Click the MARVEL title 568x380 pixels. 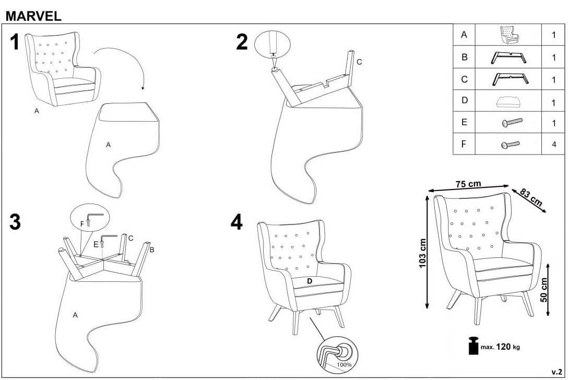(33, 16)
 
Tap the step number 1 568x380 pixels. (15, 42)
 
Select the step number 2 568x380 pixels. (242, 42)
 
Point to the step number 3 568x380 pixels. (15, 222)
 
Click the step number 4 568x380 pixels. (236, 222)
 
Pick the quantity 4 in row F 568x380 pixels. (554, 144)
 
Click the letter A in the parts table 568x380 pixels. (464, 35)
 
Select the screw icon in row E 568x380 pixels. (512, 122)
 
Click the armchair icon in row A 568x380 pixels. (510, 35)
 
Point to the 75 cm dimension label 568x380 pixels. (468, 184)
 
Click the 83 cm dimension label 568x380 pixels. (531, 197)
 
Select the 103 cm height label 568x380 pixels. (422, 253)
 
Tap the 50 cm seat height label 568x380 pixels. (544, 290)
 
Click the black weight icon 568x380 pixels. (474, 346)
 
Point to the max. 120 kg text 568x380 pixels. (500, 347)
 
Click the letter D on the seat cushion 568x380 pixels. (310, 281)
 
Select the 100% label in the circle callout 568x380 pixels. (344, 364)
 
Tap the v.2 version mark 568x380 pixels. (557, 372)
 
